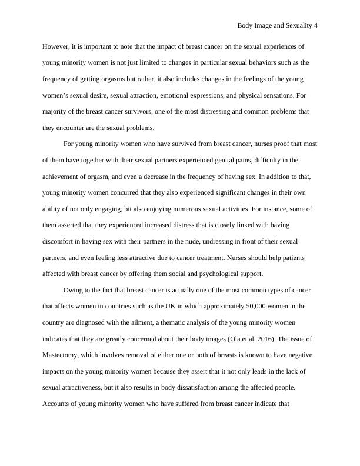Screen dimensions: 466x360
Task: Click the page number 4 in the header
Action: point(316,26)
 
